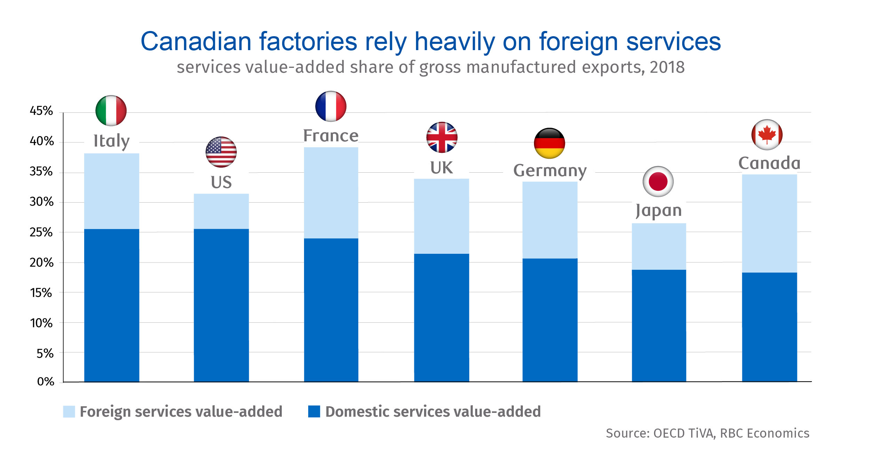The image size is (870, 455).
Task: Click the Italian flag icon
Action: pos(111,111)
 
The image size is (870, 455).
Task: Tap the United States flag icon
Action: pos(221,152)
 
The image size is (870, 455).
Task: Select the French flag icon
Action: pos(331,107)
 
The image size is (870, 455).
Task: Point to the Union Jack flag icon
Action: pos(442,138)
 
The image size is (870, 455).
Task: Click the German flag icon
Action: pos(550,143)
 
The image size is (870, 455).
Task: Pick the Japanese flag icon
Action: pos(658,182)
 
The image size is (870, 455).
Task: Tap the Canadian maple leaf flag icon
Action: pos(767,135)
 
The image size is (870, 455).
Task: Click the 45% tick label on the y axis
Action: pos(41,111)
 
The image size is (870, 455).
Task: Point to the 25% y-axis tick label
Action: pos(41,232)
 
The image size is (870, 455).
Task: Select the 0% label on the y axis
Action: pos(46,382)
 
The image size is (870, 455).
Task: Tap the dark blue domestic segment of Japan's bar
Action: pos(659,325)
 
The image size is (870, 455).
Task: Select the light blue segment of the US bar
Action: pos(221,211)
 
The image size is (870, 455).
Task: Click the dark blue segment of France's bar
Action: pos(331,310)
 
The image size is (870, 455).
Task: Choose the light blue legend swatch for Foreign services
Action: pos(69,411)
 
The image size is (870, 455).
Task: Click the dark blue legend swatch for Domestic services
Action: pos(314,411)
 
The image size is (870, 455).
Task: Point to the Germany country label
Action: pos(550,171)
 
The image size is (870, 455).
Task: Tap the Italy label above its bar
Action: pos(112,141)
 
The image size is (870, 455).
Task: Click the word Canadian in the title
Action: pos(196,41)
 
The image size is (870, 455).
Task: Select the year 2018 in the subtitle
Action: pos(667,67)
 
